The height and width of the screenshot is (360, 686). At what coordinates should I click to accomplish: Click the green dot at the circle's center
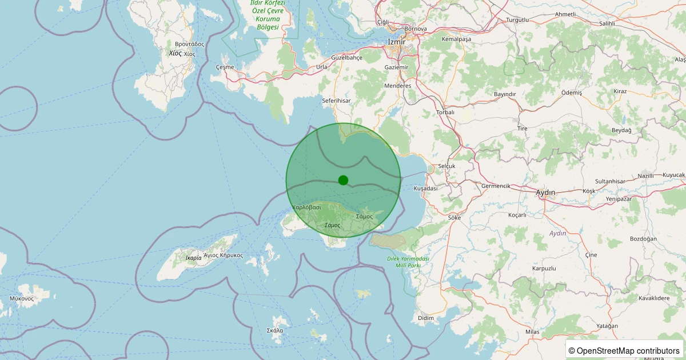tap(343, 180)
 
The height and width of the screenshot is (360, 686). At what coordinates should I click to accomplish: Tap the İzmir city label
tap(396, 42)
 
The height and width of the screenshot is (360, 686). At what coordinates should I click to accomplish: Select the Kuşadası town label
tap(425, 188)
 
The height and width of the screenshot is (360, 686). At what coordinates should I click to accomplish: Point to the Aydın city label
tap(546, 193)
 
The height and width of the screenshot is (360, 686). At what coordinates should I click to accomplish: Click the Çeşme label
tap(225, 67)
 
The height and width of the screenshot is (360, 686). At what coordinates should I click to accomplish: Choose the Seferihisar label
tap(336, 101)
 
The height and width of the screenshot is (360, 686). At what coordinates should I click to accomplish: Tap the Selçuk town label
tap(446, 166)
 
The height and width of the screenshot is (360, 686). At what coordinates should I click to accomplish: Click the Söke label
tap(454, 218)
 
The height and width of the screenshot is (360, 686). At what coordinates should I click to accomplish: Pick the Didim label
tap(426, 318)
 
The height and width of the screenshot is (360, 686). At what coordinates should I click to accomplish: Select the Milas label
tap(532, 332)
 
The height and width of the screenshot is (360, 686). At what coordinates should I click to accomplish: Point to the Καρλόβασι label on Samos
tap(306, 207)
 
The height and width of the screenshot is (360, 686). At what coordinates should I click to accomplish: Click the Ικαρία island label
tap(193, 258)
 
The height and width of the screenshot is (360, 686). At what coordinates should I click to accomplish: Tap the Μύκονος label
tap(22, 298)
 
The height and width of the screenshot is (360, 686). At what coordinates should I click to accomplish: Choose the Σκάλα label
tap(275, 330)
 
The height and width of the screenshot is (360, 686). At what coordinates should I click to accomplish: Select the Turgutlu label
tap(517, 20)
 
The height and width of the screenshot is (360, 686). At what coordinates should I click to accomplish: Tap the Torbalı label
tap(445, 113)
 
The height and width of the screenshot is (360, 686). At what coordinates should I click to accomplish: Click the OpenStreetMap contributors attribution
tap(625, 350)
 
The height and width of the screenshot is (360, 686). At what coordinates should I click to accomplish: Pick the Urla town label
tap(322, 67)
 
